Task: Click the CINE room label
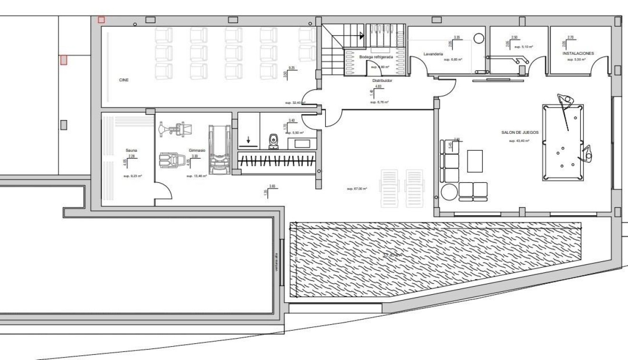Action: point(124,80)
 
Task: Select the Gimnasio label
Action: point(197,150)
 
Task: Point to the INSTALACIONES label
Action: point(578,53)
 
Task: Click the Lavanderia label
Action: point(433,54)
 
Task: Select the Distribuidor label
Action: point(382,80)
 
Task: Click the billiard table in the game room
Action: point(563,142)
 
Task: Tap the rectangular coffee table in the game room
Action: point(475,160)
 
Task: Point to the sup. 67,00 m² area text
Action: point(357,189)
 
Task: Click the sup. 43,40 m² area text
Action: point(519,141)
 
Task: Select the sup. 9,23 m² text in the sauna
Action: point(133,176)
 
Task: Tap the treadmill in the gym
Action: point(219,150)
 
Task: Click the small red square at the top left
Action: point(101,20)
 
